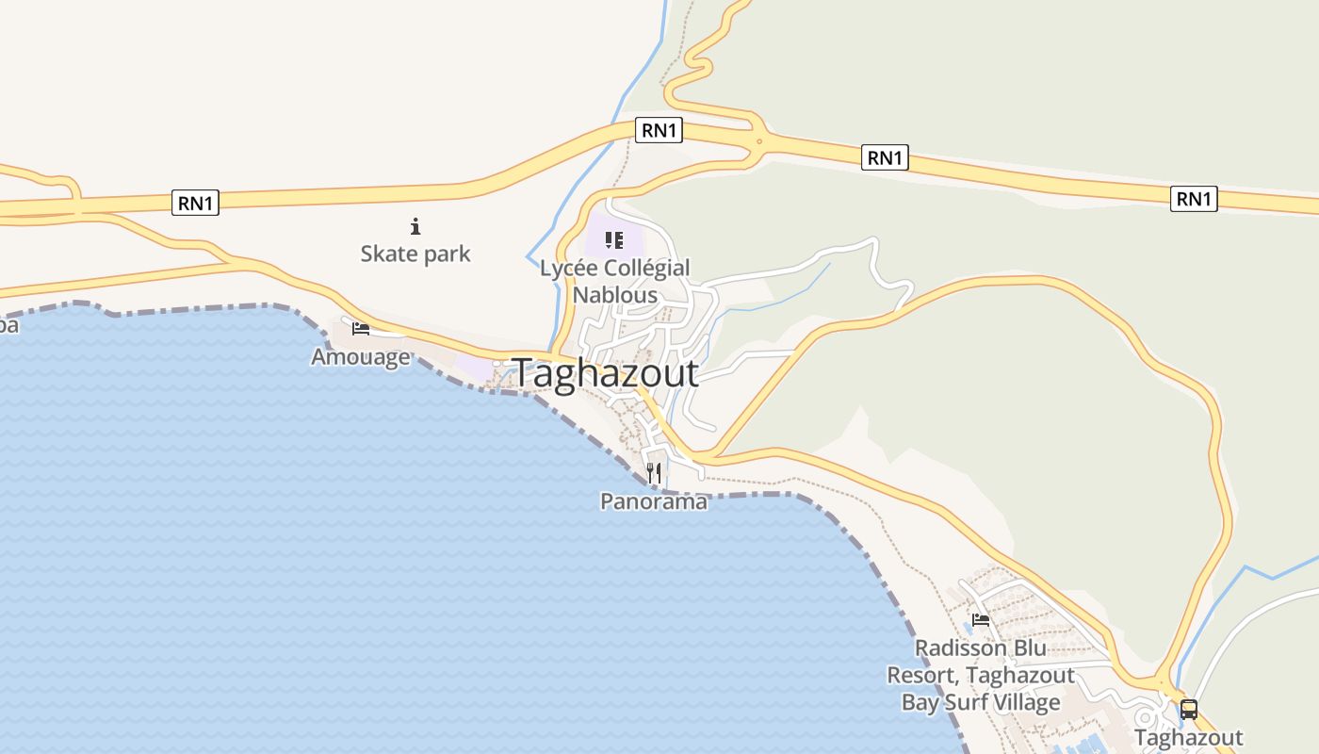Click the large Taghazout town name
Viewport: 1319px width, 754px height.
[606, 373]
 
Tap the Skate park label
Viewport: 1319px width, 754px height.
[415, 254]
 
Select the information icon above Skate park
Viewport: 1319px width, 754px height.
[415, 226]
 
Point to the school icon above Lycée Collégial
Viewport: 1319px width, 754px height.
[614, 240]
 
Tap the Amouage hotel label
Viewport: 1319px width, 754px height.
[361, 357]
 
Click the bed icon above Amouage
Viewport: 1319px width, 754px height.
[361, 329]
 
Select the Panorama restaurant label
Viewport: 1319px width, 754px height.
[654, 501]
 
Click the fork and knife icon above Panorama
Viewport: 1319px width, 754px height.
[654, 472]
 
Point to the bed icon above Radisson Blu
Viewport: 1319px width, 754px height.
[981, 620]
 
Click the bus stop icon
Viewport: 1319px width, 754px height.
[1189, 710]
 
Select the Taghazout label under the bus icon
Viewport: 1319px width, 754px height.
[1189, 737]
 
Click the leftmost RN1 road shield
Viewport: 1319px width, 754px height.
[195, 203]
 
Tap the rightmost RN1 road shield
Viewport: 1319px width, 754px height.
[1194, 199]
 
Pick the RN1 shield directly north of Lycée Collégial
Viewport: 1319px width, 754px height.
[659, 130]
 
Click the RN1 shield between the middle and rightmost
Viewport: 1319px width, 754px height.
[885, 158]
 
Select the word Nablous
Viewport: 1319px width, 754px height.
[615, 294]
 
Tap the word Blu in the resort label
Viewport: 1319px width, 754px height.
[1024, 648]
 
